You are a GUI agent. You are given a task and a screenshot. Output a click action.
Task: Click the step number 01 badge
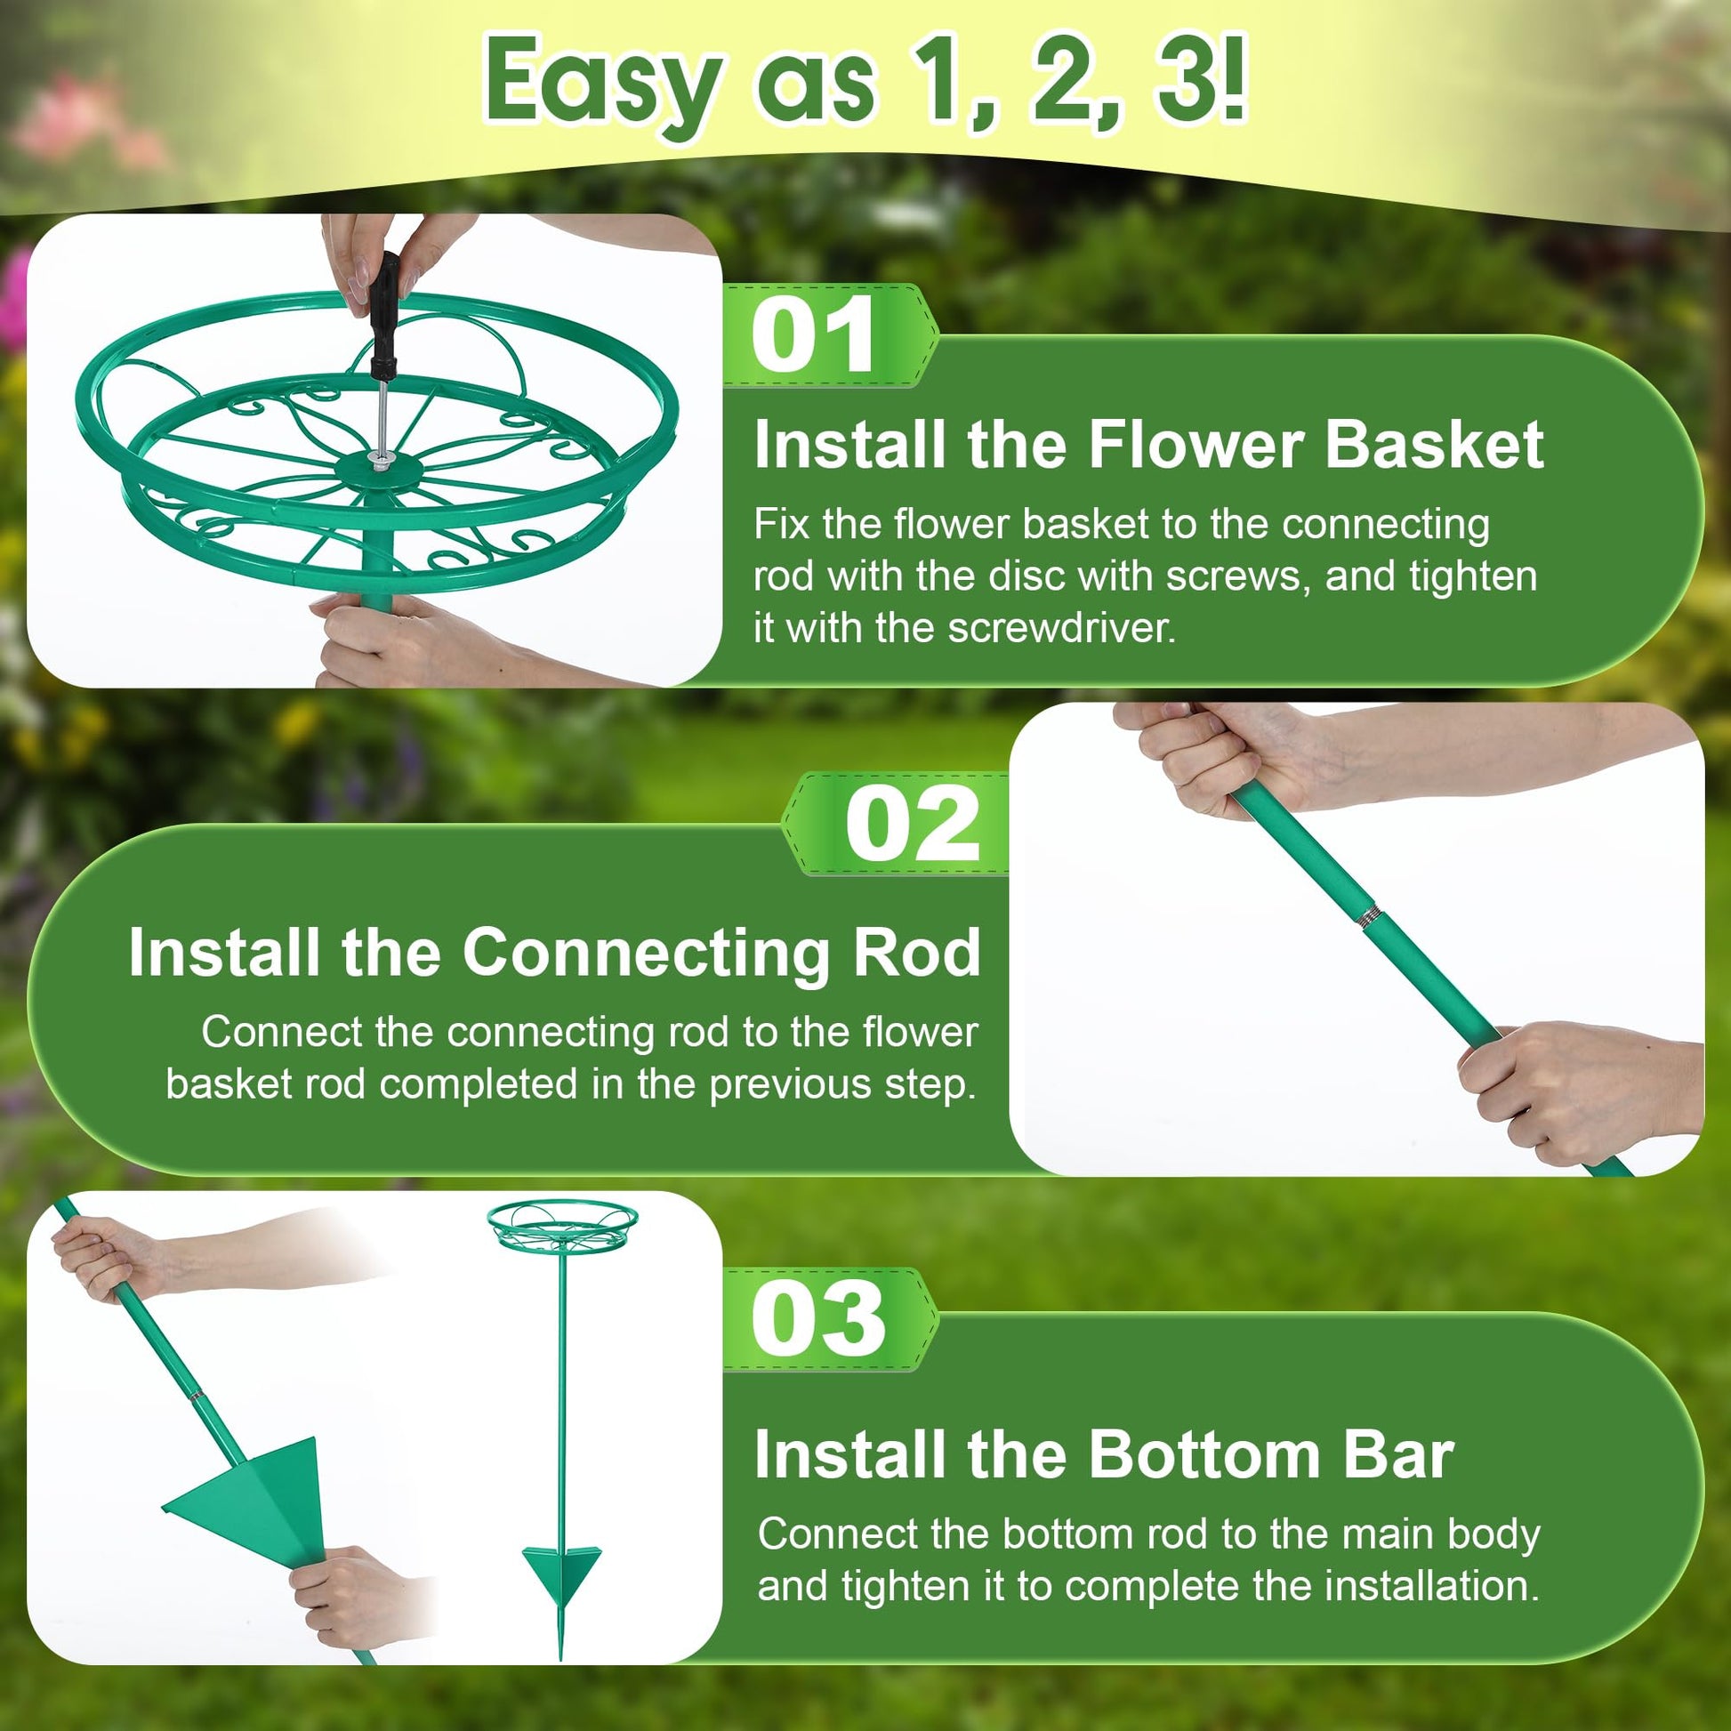tap(829, 335)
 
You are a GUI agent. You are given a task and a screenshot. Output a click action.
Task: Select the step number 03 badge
tap(829, 1319)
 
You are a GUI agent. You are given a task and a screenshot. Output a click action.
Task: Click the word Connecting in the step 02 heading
tap(647, 953)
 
